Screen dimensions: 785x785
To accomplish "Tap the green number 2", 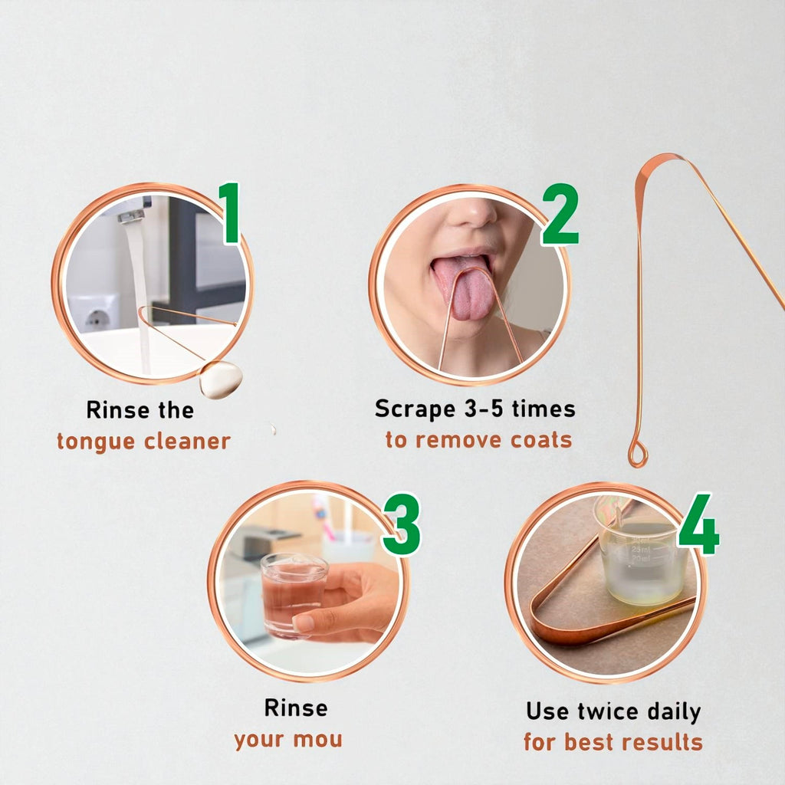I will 561,215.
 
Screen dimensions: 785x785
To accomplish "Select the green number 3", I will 402,526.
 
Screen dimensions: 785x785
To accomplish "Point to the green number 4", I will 698,525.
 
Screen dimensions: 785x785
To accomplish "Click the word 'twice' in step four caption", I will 601,711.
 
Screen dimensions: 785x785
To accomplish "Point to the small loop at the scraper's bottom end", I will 637,454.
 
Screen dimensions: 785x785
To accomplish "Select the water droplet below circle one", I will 221,379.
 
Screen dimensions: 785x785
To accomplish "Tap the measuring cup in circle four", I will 640,556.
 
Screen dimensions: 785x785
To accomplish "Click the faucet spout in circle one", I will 132,216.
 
